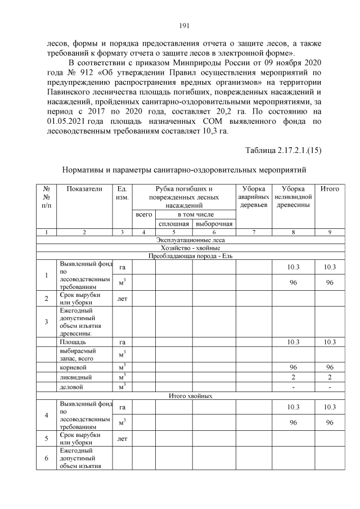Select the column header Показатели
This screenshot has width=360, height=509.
(84, 190)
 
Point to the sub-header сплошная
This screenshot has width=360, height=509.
(174, 224)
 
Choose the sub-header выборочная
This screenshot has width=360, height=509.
(214, 224)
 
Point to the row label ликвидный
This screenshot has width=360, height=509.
(73, 376)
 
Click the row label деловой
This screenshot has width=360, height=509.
(70, 387)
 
